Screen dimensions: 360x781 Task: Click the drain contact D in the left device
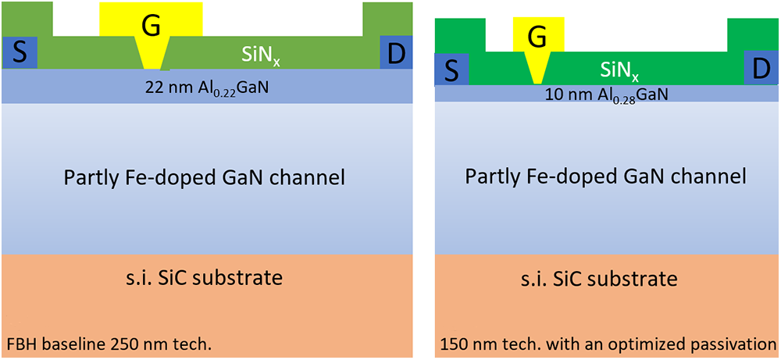395,52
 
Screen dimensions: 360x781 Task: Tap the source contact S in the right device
451,70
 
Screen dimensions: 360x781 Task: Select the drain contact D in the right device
760,69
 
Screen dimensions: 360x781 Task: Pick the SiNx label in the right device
619,70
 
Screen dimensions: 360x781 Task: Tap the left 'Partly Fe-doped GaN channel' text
205,178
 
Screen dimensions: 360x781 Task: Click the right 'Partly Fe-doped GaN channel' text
605,176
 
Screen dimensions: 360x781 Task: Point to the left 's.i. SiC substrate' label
205,277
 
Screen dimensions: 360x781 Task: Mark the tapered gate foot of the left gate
152,55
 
